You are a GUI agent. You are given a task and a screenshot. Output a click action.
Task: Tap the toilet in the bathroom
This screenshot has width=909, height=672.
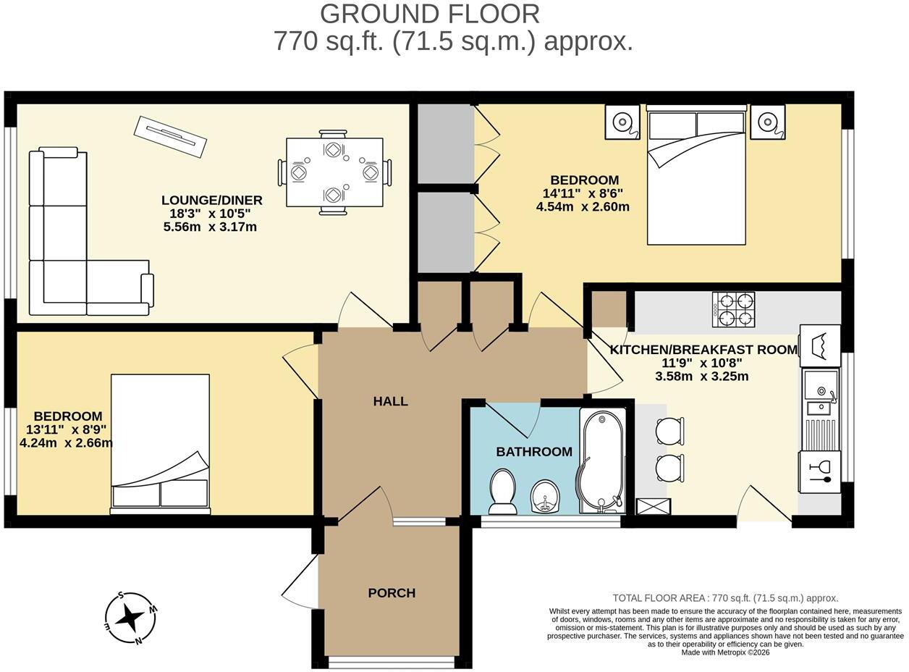coord(502,492)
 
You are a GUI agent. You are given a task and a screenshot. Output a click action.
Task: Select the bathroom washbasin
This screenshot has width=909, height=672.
coord(545,497)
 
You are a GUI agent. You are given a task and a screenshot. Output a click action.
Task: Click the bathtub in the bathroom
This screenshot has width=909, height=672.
coord(602,461)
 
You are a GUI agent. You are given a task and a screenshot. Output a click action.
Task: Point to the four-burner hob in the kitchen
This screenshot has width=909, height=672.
coord(733,309)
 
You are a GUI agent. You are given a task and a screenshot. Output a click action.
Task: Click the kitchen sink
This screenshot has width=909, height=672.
coord(821,408)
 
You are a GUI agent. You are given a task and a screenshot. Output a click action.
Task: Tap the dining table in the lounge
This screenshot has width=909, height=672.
coord(334,172)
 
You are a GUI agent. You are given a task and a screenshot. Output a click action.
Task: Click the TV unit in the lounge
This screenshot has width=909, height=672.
coord(170,137)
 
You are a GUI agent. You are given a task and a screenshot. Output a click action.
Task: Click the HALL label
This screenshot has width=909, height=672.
coord(390,401)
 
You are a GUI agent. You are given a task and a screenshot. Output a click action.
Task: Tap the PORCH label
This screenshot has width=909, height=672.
coord(392,593)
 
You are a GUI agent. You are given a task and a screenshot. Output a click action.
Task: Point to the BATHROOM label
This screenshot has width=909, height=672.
coord(534,452)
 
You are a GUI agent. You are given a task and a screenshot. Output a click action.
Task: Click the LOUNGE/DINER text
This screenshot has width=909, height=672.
coord(211,200)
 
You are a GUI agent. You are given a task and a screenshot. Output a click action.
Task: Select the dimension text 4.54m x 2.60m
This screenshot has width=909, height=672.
coord(583,206)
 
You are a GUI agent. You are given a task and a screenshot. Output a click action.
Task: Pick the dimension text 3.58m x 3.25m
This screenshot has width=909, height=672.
coord(701,377)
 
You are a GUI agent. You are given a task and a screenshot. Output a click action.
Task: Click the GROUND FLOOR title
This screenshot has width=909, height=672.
coord(429,14)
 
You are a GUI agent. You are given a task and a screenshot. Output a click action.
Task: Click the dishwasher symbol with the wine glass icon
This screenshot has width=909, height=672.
coord(820,472)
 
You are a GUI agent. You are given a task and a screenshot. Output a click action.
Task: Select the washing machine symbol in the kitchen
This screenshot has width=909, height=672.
coord(820,345)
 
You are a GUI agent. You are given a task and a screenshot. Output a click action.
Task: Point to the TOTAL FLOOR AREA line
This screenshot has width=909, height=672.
coord(725,597)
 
